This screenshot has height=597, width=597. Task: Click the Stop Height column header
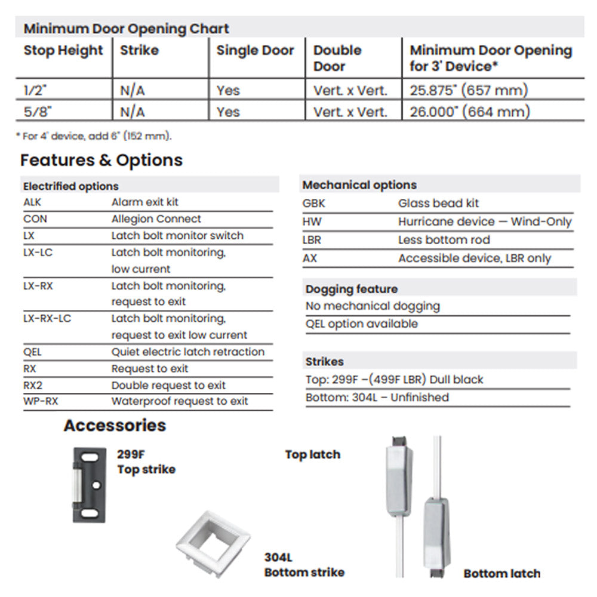(63, 51)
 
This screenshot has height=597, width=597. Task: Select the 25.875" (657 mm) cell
(469, 91)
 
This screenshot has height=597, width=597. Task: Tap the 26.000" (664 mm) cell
(470, 112)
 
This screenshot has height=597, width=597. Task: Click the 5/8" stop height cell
(35, 112)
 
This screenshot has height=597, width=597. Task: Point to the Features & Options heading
(101, 160)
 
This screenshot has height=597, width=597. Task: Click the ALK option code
(32, 202)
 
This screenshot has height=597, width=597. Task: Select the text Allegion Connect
(156, 219)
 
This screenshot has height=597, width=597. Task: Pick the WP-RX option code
(41, 401)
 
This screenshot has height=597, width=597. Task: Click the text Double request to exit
(168, 385)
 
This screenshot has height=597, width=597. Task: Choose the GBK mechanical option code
(314, 204)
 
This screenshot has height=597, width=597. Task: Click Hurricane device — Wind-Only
(485, 222)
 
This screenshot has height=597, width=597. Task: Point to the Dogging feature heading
(352, 289)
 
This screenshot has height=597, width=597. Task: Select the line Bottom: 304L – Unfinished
(377, 398)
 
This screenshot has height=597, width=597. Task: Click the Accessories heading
(115, 426)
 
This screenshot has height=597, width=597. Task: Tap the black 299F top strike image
(89, 484)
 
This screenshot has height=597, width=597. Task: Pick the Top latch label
(312, 455)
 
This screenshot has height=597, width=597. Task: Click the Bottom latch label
(501, 574)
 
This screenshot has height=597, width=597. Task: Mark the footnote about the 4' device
(94, 136)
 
